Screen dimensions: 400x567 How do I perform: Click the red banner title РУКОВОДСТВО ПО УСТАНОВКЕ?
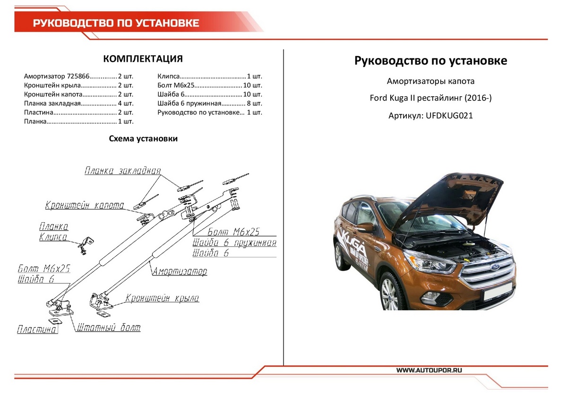pyautogui.click(x=116, y=23)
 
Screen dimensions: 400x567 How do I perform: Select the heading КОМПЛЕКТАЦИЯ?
pyautogui.click(x=143, y=59)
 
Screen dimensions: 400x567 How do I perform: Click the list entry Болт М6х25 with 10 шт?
pyautogui.click(x=209, y=85)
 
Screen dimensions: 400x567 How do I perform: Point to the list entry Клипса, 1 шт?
pyautogui.click(x=209, y=76)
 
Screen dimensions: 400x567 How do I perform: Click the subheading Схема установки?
pyautogui.click(x=143, y=139)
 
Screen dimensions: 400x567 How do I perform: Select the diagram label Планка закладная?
pyautogui.click(x=123, y=171)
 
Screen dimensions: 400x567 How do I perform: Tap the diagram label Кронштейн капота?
pyautogui.click(x=85, y=206)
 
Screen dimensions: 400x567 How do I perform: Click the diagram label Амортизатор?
pyautogui.click(x=180, y=272)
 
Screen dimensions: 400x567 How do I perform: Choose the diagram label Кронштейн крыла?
pyautogui.click(x=162, y=298)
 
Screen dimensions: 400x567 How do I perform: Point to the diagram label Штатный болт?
pyautogui.click(x=108, y=327)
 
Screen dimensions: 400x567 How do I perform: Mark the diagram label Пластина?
pyautogui.click(x=37, y=330)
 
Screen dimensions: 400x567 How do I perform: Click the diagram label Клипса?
pyautogui.click(x=53, y=237)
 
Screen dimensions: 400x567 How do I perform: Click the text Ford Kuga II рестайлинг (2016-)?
pyautogui.click(x=430, y=99)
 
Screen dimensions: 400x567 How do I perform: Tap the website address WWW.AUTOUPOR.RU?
pyautogui.click(x=429, y=370)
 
